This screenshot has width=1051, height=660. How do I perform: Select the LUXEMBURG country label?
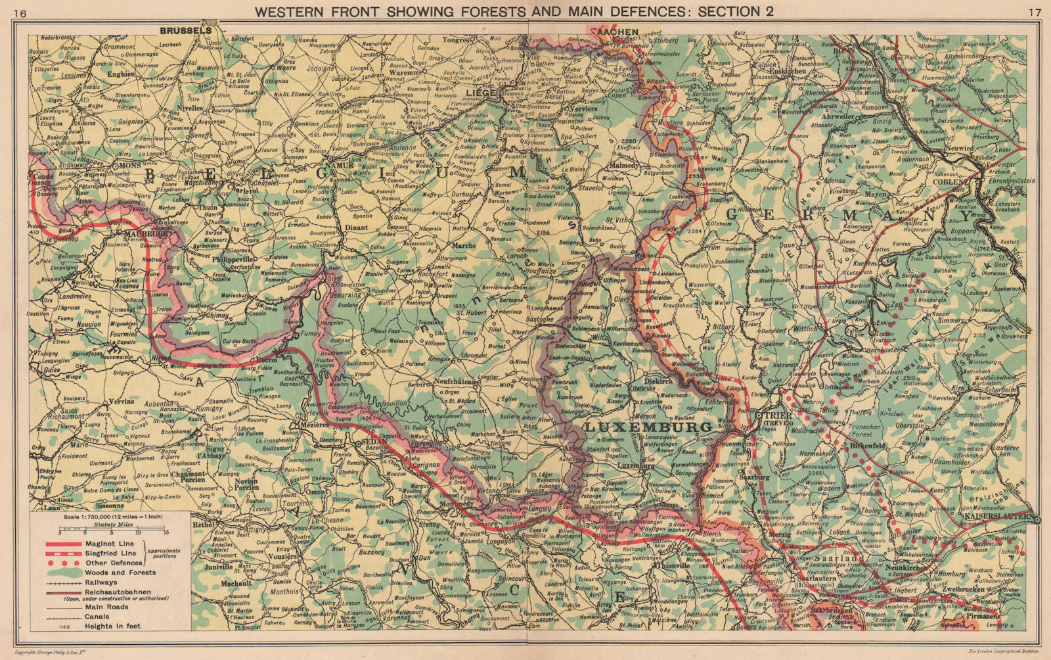tap(648, 427)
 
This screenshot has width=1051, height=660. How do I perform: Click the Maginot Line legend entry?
tap(109, 544)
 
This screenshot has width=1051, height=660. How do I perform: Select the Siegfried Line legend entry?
tap(110, 553)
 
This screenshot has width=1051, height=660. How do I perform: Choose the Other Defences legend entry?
tap(113, 563)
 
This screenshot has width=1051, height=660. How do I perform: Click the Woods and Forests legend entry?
tap(120, 572)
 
